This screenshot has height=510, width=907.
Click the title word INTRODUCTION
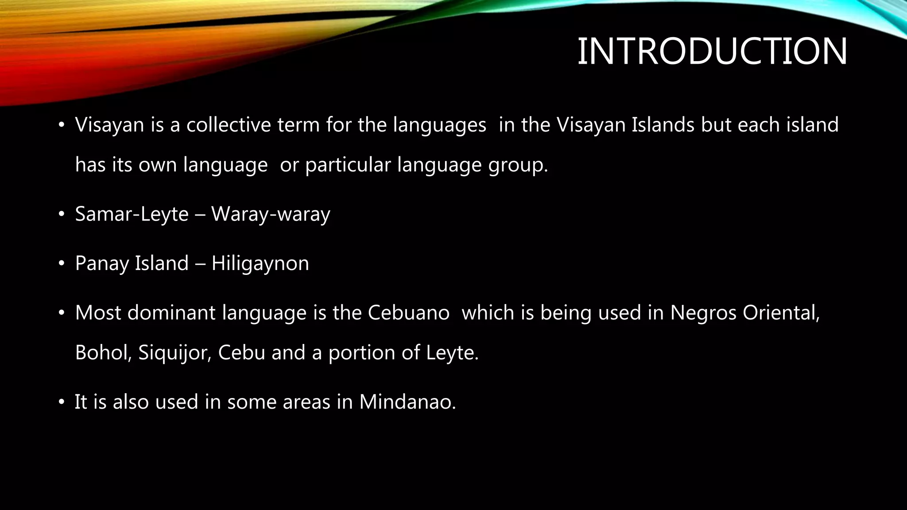click(x=712, y=52)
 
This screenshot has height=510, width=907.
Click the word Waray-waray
click(x=271, y=214)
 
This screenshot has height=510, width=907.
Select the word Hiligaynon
click(x=260, y=263)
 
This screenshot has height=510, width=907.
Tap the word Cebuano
click(x=408, y=313)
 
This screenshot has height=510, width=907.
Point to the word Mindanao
click(x=407, y=402)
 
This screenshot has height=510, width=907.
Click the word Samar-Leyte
click(x=132, y=214)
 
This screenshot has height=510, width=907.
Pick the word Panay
click(x=101, y=263)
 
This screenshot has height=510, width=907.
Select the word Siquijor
click(x=174, y=353)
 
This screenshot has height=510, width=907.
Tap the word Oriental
click(x=781, y=313)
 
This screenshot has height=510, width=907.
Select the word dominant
click(x=171, y=313)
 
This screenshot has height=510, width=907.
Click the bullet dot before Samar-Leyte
click(x=62, y=215)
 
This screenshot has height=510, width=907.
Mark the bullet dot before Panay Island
click(x=62, y=264)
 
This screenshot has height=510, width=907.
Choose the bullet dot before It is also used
click(x=62, y=402)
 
